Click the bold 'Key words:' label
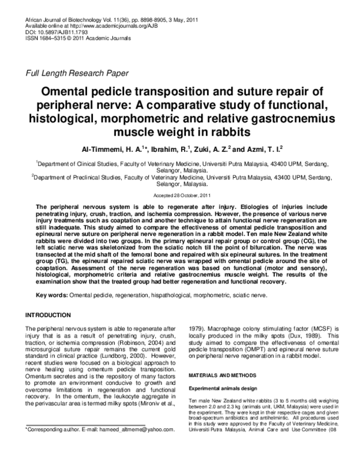(52, 295)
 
